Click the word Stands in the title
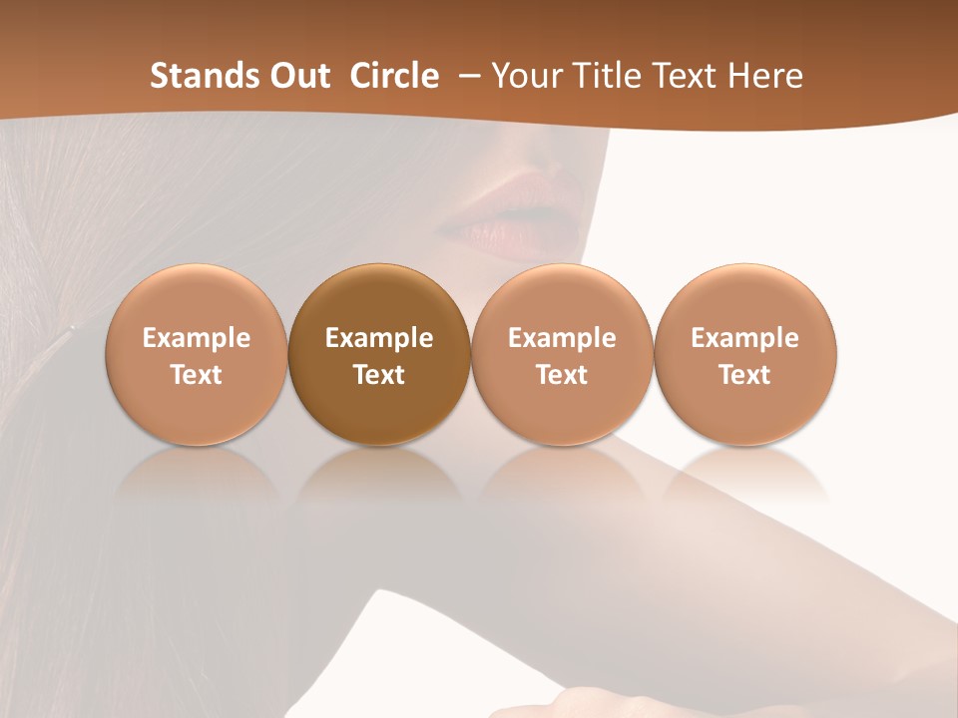pos(192,76)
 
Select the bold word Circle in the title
pos(394,76)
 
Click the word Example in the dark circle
pos(379,338)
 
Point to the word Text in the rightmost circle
pos(744,375)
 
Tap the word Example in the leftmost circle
pos(196,338)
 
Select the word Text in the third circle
pos(562,375)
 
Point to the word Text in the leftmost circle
pos(196,375)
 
